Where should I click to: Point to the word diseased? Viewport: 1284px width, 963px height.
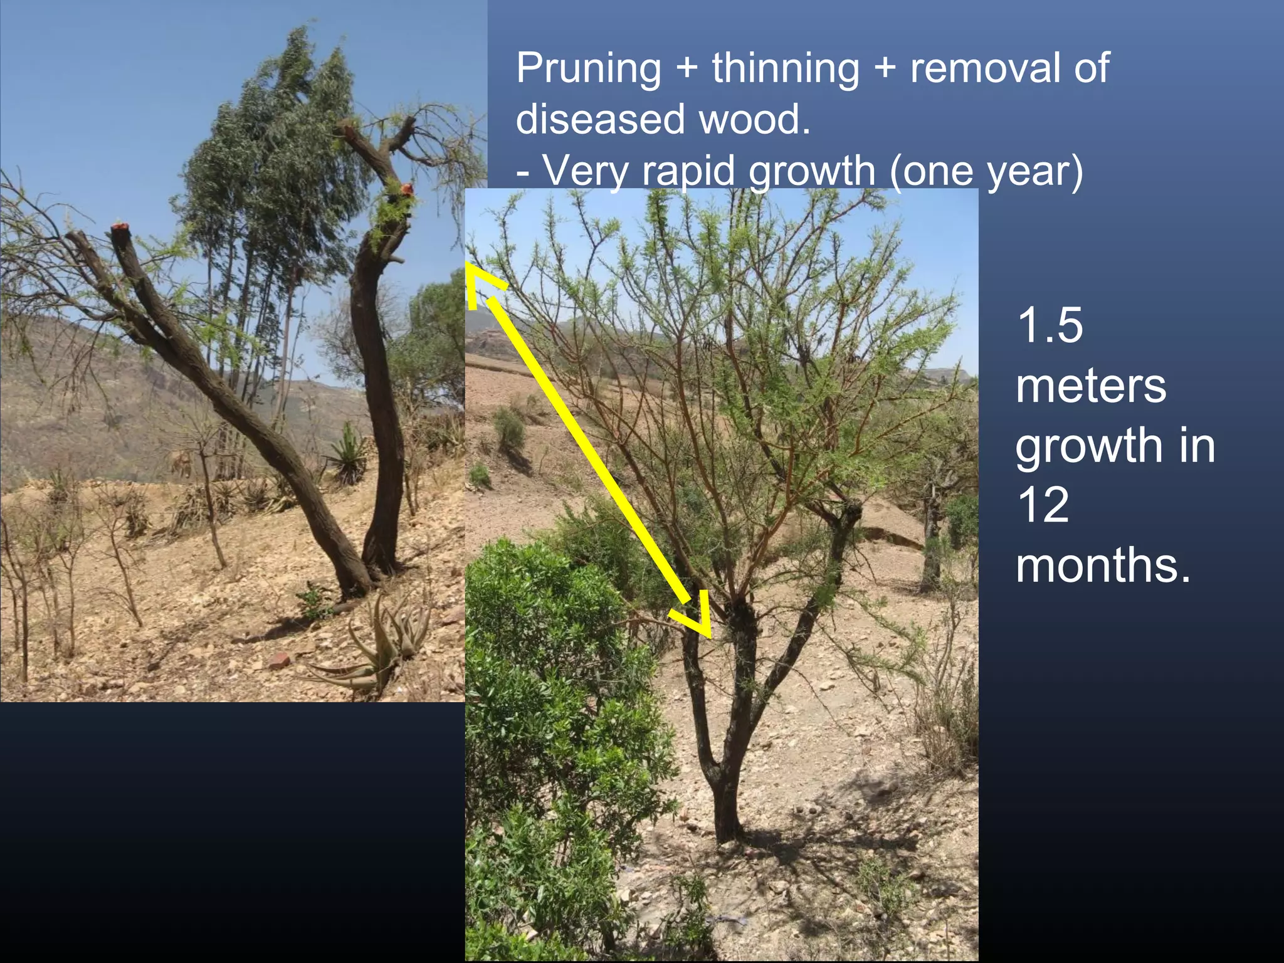pyautogui.click(x=600, y=119)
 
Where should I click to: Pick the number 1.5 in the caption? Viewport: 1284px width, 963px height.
pyautogui.click(x=1050, y=326)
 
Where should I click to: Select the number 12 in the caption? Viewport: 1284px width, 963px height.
pyautogui.click(x=1043, y=505)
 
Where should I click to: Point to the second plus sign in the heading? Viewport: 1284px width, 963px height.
pyautogui.click(x=884, y=69)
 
